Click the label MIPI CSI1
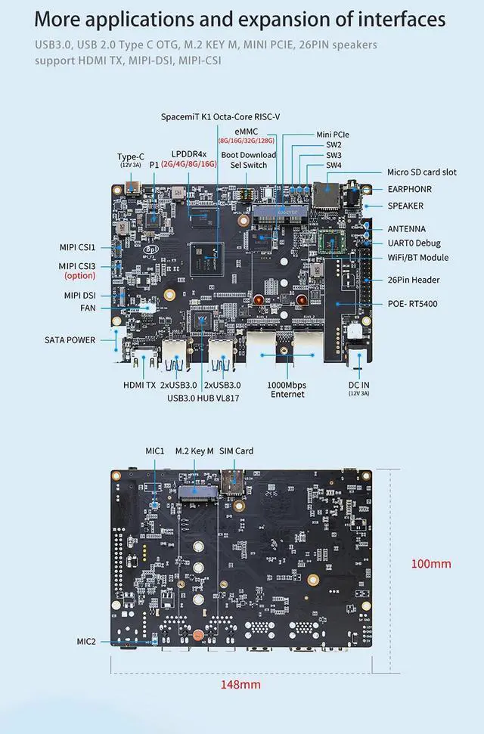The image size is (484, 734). pyautogui.click(x=79, y=247)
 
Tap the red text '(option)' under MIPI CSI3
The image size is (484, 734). pyautogui.click(x=79, y=276)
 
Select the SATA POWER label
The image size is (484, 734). pyautogui.click(x=70, y=340)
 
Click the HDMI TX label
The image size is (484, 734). pyautogui.click(x=139, y=385)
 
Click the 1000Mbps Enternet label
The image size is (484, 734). pyautogui.click(x=287, y=389)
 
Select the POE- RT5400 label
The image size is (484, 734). pyautogui.click(x=413, y=304)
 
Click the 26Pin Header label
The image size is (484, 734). pyautogui.click(x=414, y=280)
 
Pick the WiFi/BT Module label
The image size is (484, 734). pyautogui.click(x=418, y=258)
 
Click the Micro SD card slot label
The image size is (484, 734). pyautogui.click(x=422, y=172)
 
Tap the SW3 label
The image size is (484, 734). pyautogui.click(x=334, y=155)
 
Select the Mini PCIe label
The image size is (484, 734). pyautogui.click(x=333, y=135)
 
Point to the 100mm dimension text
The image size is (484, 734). pyautogui.click(x=431, y=564)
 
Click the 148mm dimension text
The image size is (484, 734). pyautogui.click(x=240, y=685)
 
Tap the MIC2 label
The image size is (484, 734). pyautogui.click(x=87, y=641)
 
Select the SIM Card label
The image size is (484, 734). pyautogui.click(x=236, y=451)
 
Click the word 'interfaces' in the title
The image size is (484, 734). pyautogui.click(x=395, y=19)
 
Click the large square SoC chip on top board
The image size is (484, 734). pyautogui.click(x=206, y=255)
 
